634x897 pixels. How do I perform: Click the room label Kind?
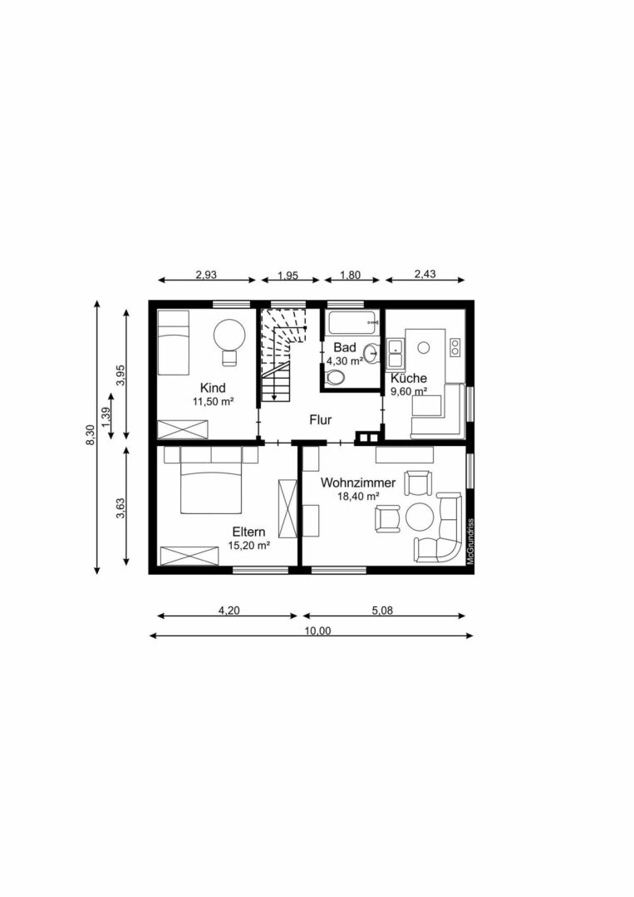tap(213, 387)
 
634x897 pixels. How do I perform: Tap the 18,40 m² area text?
tap(359, 497)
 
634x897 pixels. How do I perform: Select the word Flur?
tap(321, 419)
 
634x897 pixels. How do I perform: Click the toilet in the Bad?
tap(336, 377)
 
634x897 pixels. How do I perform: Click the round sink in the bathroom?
tap(371, 352)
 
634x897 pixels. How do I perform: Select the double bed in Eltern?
tap(210, 488)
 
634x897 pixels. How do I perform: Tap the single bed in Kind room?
tap(174, 343)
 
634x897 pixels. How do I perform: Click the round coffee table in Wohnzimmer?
tap(420, 517)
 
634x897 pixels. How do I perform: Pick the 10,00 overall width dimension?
tap(317, 630)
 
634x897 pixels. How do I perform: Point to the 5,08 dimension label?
tap(382, 610)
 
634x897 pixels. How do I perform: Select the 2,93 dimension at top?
tap(207, 275)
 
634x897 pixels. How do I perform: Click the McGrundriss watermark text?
tap(470, 542)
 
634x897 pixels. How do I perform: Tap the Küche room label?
tap(409, 378)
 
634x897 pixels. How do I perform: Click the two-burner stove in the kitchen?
tap(455, 346)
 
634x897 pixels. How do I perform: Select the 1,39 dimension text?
tap(105, 416)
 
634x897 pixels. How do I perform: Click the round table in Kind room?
tap(229, 335)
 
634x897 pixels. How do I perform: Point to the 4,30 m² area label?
tap(345, 361)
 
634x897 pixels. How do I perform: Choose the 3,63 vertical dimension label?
tap(120, 508)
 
